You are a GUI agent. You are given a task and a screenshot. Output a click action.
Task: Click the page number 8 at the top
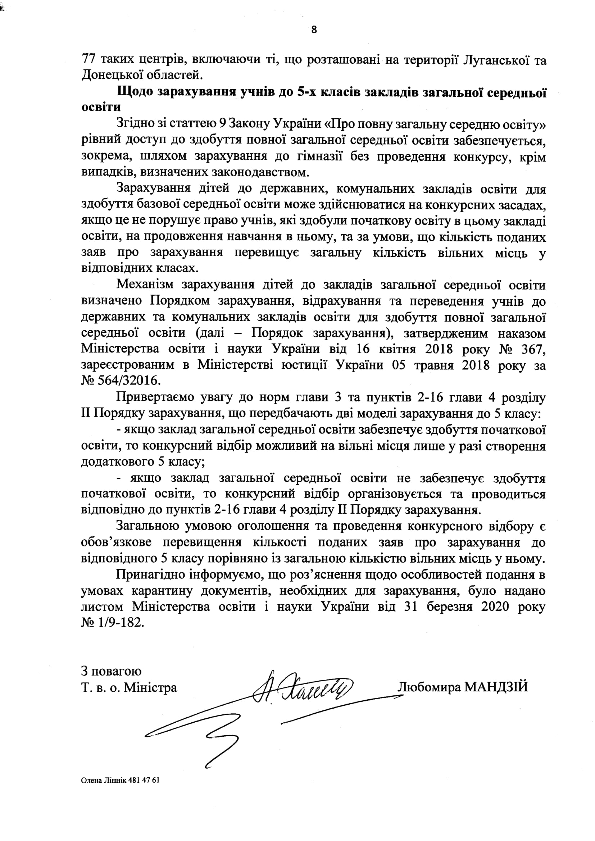pyautogui.click(x=314, y=29)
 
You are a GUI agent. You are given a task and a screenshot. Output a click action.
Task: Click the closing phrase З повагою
pyautogui.click(x=112, y=672)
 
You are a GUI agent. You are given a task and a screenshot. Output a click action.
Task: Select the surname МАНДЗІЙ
pyautogui.click(x=496, y=687)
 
